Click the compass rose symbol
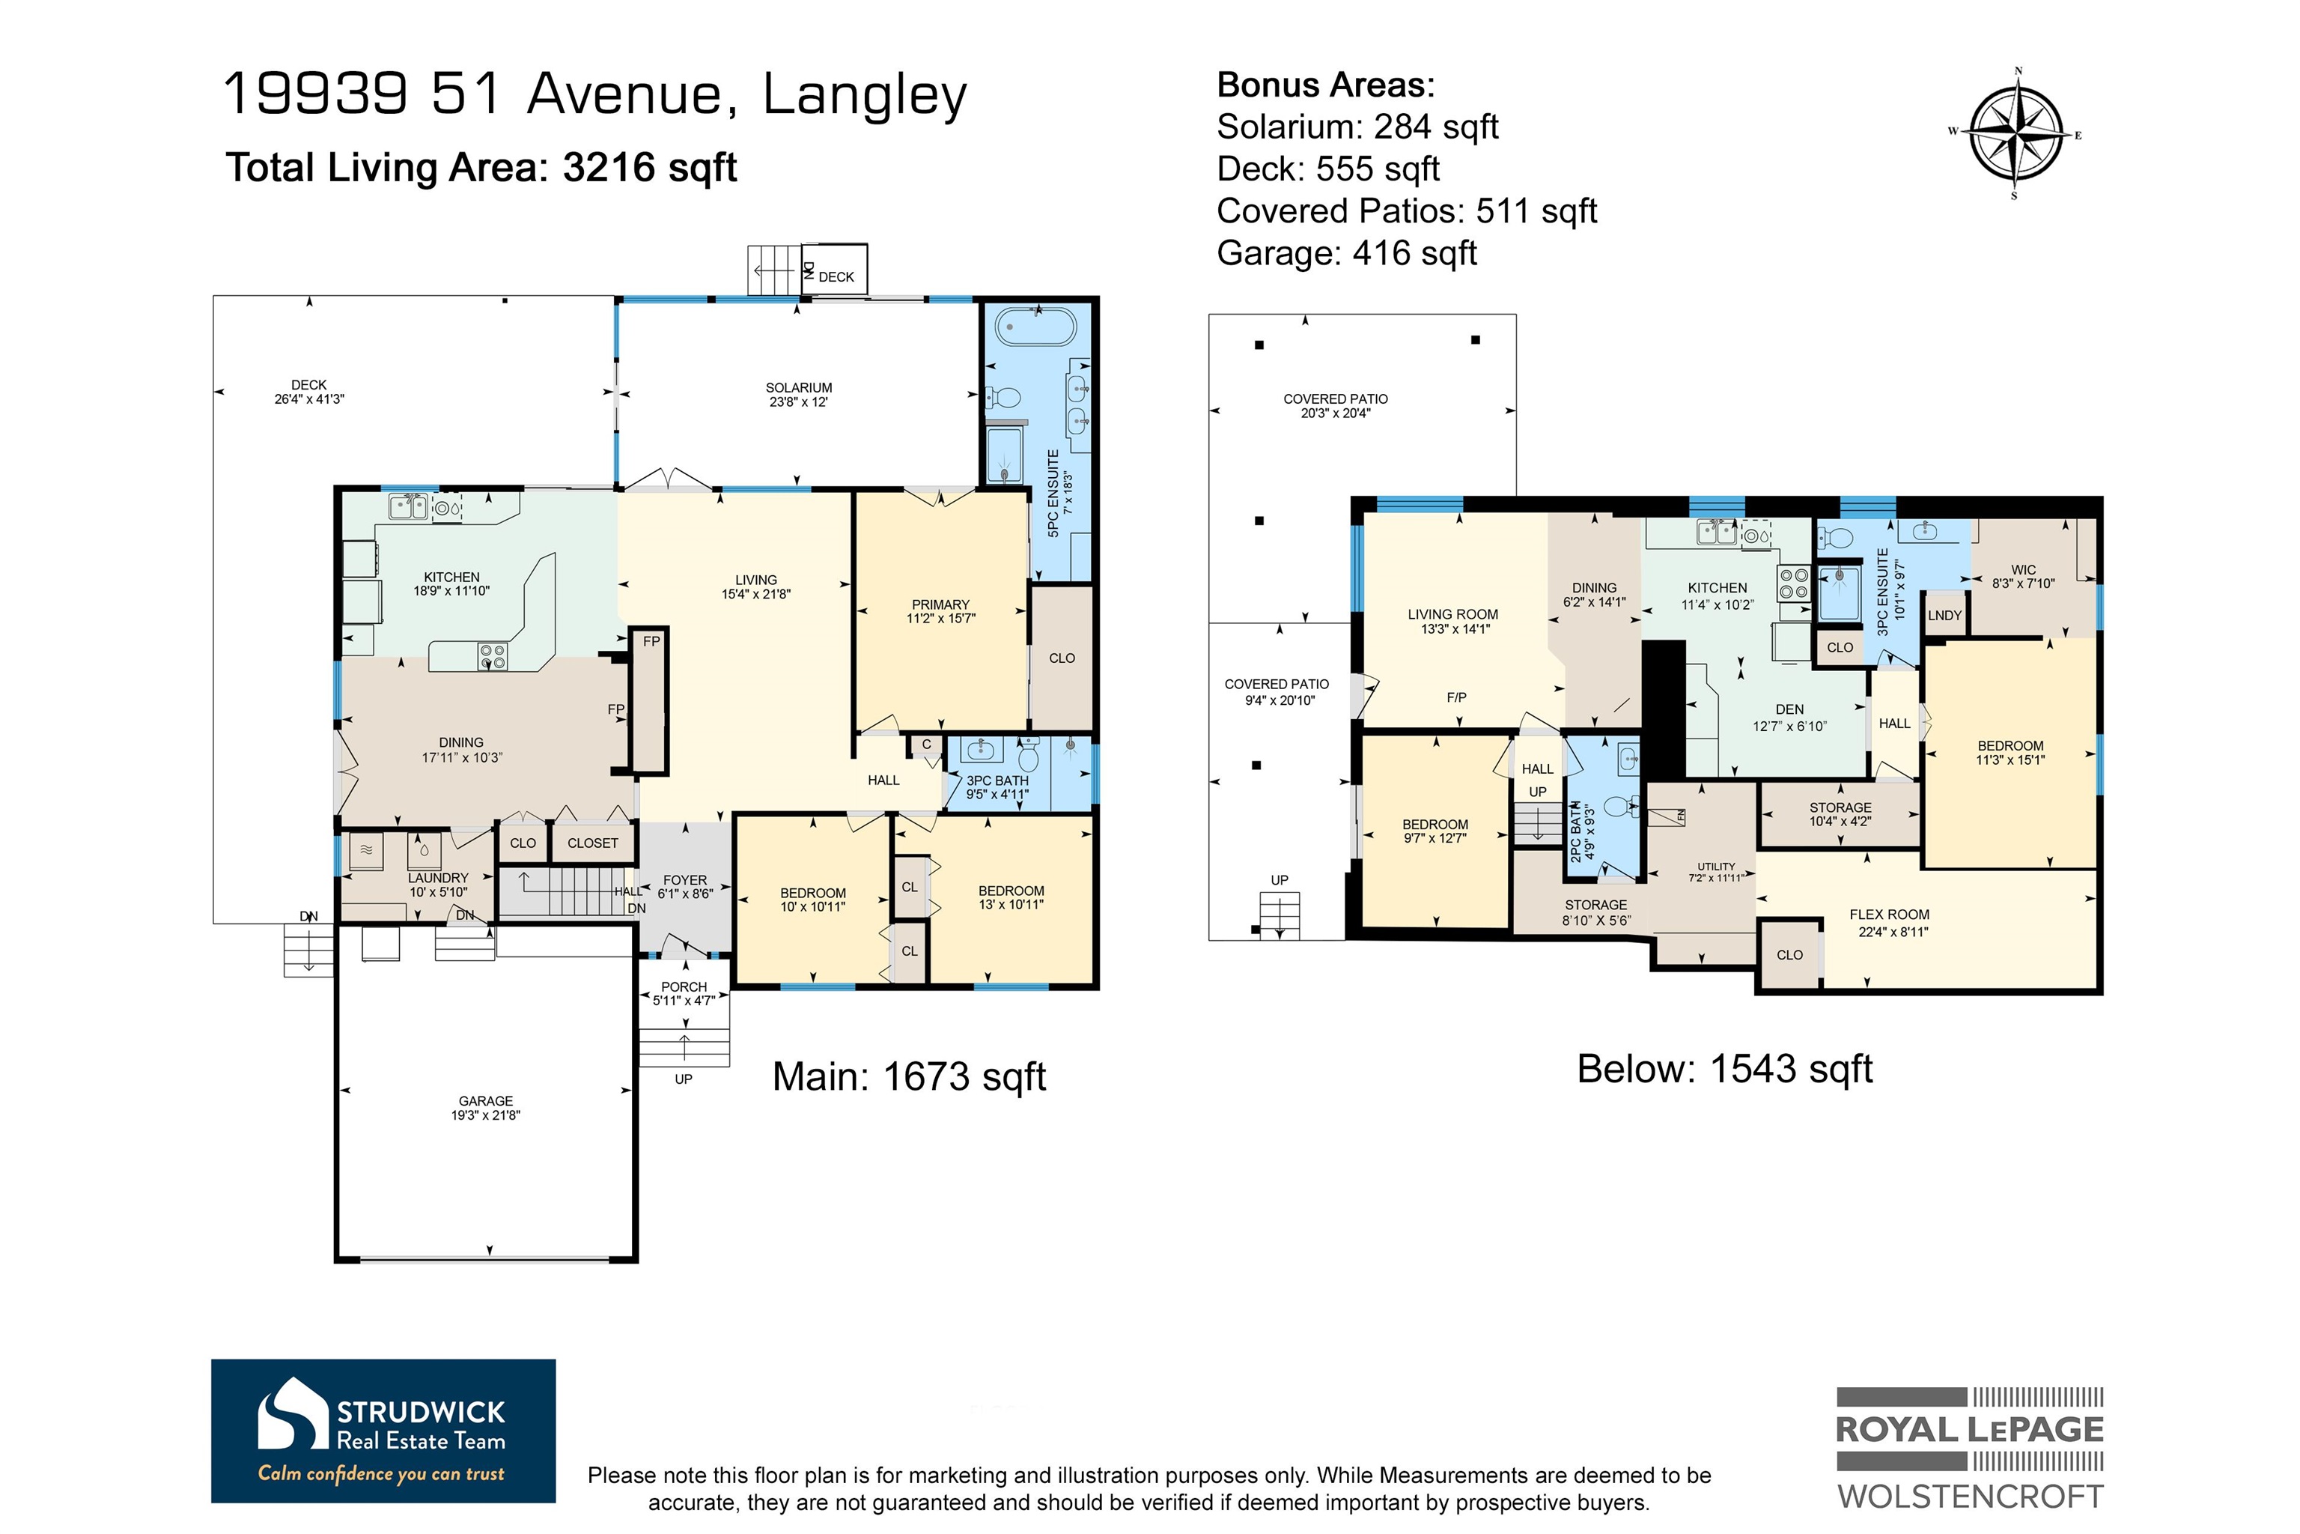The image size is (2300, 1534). click(x=2015, y=134)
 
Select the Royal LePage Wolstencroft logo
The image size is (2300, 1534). click(x=1970, y=1447)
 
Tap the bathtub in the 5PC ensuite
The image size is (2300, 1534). click(x=1035, y=324)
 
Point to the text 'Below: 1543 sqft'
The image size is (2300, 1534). click(x=1724, y=1068)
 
